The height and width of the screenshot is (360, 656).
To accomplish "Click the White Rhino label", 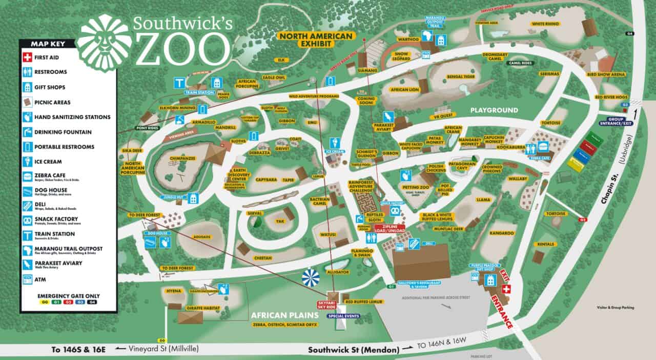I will [x=545, y=24].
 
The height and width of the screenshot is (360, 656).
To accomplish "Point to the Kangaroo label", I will [x=501, y=233].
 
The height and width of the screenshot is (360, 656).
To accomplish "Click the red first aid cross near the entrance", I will [x=506, y=290].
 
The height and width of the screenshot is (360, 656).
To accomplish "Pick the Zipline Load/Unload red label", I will [x=389, y=228].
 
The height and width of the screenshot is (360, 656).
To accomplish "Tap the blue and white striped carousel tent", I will [x=311, y=278].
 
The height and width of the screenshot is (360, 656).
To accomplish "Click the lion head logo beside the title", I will [x=104, y=43].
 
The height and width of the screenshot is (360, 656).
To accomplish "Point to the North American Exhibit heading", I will [x=316, y=39].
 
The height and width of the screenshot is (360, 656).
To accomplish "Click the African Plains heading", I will [x=285, y=314].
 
